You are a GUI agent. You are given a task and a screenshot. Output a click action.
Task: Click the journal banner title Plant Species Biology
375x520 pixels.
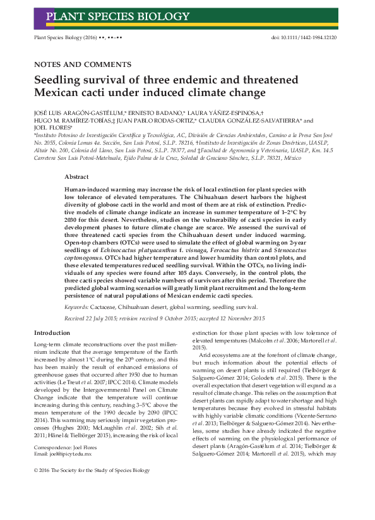(118, 16)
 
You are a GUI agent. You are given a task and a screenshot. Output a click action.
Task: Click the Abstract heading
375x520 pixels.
(76, 178)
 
